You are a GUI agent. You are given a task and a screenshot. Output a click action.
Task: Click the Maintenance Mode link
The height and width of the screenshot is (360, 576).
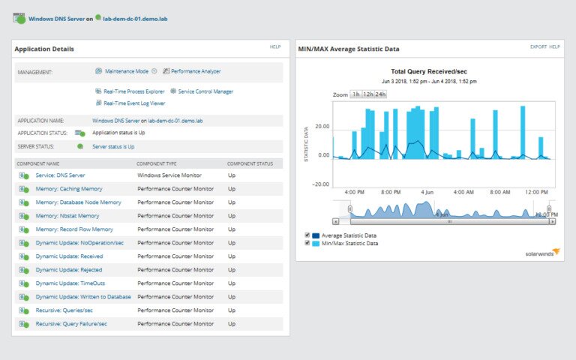click(126, 71)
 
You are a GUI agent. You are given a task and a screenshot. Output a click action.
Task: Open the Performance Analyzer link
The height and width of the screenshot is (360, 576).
click(195, 71)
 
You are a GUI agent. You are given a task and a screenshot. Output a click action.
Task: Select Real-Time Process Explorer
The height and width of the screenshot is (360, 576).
click(133, 91)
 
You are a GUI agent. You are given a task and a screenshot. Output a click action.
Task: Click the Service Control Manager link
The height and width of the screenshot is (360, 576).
click(205, 91)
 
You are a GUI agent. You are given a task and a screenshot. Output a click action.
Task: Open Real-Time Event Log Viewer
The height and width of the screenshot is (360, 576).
click(135, 103)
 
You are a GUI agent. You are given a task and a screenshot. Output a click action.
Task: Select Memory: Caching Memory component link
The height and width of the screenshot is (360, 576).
click(69, 188)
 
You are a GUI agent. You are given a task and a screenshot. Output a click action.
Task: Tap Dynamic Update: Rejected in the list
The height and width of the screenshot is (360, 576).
click(68, 269)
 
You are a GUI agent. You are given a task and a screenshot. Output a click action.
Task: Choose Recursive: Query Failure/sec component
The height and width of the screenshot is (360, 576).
click(71, 323)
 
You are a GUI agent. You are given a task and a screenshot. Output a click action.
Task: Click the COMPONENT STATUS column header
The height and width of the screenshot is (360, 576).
click(250, 163)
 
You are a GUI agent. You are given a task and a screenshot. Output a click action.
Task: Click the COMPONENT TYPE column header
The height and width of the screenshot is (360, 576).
click(156, 163)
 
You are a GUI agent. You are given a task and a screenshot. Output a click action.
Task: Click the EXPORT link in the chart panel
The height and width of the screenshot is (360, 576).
click(538, 46)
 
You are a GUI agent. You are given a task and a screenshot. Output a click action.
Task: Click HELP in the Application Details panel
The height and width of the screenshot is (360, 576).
click(275, 46)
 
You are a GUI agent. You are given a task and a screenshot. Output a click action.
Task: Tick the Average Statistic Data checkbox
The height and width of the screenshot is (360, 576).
click(307, 235)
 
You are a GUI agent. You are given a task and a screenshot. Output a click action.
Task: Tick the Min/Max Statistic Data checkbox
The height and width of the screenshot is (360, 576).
click(307, 243)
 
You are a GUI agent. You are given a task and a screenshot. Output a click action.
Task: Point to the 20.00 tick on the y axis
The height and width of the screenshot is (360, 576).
click(321, 126)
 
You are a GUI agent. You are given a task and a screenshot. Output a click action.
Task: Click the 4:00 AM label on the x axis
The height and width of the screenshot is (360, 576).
click(463, 192)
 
